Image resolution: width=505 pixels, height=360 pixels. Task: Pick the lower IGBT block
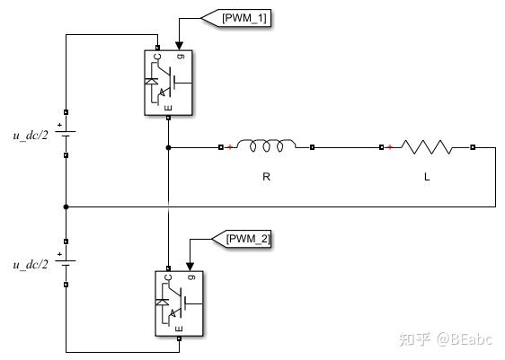point(181,304)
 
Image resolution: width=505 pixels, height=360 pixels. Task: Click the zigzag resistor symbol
point(427,145)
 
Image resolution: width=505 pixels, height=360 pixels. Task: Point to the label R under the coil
point(266,177)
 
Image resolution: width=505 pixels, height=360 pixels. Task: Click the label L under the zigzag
point(427,177)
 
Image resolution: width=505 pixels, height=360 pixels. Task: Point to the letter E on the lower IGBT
point(180,330)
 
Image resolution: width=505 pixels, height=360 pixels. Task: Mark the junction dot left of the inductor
point(168,146)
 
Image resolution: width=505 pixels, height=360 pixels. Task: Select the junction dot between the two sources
point(66,206)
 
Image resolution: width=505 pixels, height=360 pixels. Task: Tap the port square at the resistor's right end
point(473,146)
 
